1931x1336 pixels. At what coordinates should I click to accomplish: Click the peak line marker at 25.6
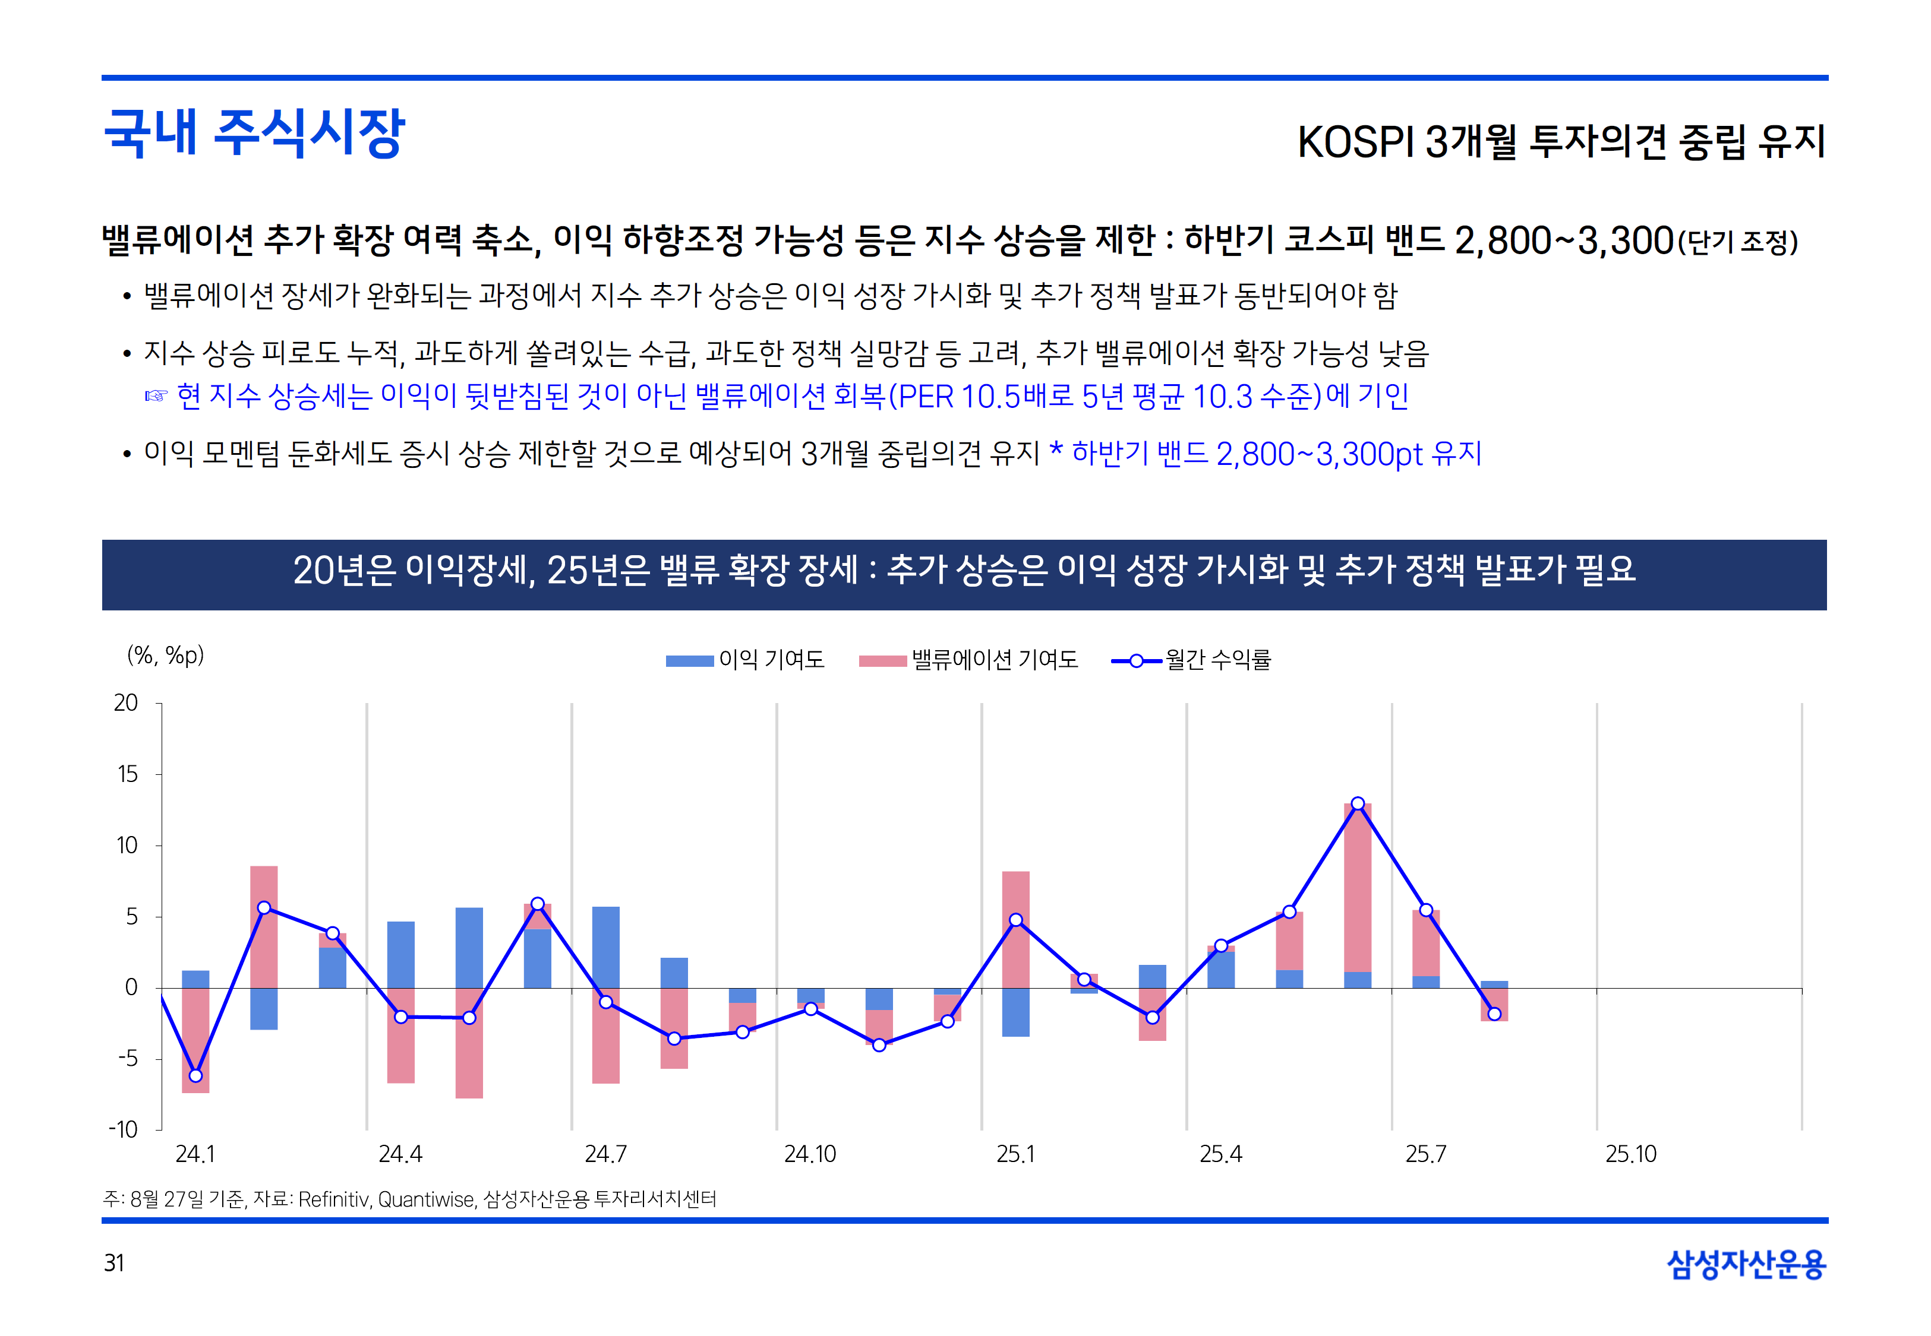(1358, 803)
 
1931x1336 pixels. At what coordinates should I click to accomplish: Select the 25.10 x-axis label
(1630, 1154)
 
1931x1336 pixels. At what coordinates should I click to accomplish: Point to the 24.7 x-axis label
(605, 1154)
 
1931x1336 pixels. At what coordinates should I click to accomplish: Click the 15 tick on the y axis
(127, 774)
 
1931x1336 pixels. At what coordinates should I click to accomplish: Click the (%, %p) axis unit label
(166, 656)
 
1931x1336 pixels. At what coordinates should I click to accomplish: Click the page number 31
(114, 1263)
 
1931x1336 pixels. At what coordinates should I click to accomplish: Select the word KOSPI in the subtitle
(1355, 143)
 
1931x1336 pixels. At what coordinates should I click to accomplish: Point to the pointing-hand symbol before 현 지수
(156, 396)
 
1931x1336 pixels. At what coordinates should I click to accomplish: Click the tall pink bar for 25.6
(1358, 887)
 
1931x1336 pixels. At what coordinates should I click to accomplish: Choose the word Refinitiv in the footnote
(333, 1199)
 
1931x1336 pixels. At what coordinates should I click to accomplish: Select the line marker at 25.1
(1016, 920)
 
